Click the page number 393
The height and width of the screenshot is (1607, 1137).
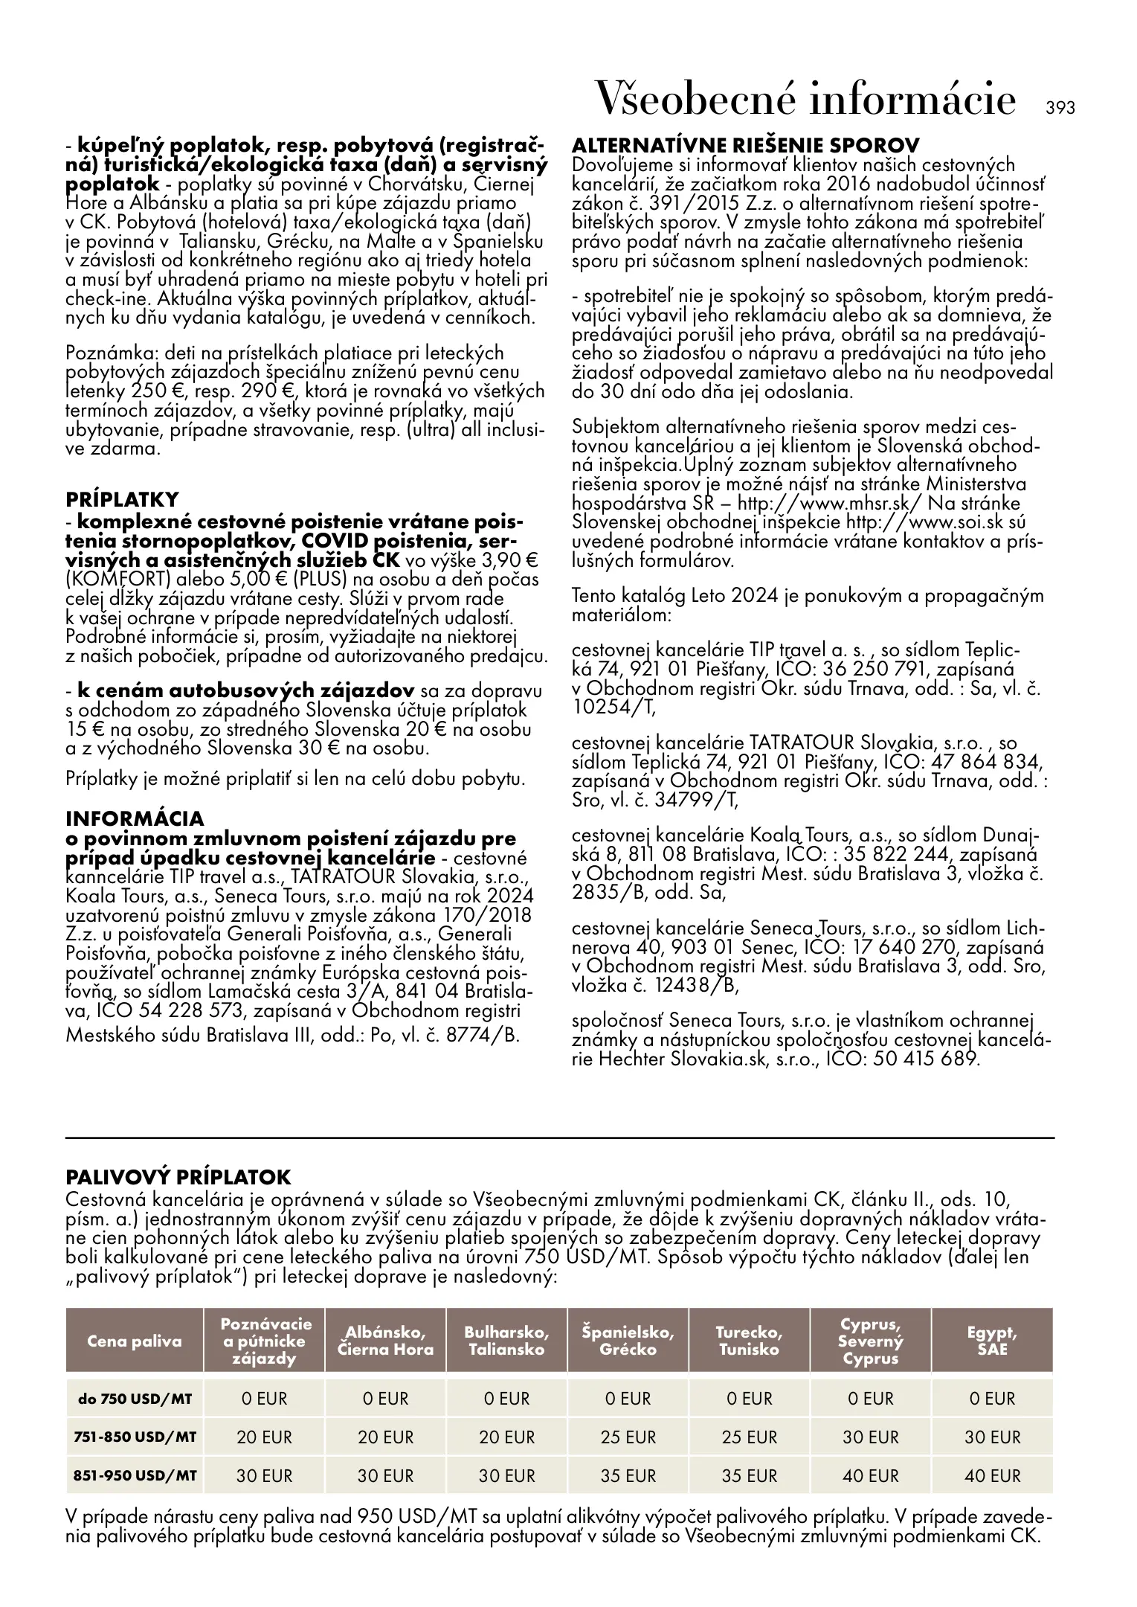1060,108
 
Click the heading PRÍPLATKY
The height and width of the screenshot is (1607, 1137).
123,498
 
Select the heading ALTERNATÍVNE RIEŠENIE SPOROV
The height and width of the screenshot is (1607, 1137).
746,144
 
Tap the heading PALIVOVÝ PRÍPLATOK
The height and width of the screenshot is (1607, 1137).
178,1177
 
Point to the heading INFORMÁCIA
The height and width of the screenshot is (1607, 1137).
135,818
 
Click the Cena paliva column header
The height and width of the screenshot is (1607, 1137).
135,1341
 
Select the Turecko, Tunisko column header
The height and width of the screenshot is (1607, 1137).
749,1341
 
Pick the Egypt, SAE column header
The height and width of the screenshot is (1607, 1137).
992,1341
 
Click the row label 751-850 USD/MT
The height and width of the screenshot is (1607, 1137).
135,1437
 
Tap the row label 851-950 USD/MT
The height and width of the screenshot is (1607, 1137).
135,1475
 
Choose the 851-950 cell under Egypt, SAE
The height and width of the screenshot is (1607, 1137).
992,1475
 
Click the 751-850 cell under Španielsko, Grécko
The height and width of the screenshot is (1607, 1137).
628,1437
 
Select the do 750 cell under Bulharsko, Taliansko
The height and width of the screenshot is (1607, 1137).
506,1399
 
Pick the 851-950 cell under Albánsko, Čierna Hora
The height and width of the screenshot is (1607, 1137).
385,1475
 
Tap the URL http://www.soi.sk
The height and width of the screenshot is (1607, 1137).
927,522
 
